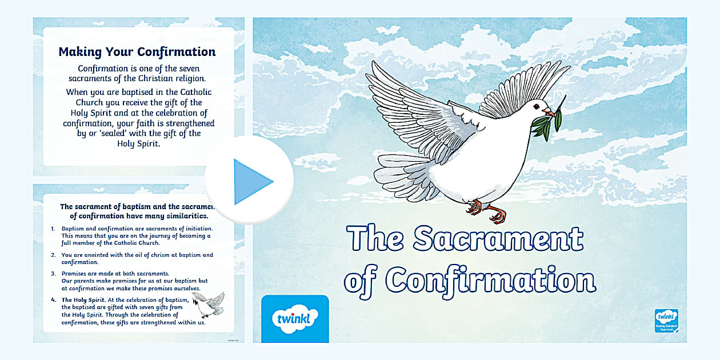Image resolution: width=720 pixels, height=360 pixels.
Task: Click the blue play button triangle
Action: click(251, 182)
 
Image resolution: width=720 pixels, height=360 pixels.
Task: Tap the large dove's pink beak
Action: click(549, 111)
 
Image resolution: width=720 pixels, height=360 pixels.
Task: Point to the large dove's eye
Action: click(537, 106)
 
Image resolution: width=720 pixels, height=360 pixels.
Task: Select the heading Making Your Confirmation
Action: click(137, 52)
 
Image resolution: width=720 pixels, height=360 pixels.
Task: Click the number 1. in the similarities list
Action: click(53, 229)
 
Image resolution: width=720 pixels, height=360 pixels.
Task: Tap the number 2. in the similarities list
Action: click(53, 255)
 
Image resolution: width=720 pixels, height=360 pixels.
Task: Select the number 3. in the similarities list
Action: click(53, 274)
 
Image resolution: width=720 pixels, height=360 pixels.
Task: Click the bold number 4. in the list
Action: click(53, 300)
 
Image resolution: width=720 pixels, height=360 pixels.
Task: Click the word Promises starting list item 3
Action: click(74, 274)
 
